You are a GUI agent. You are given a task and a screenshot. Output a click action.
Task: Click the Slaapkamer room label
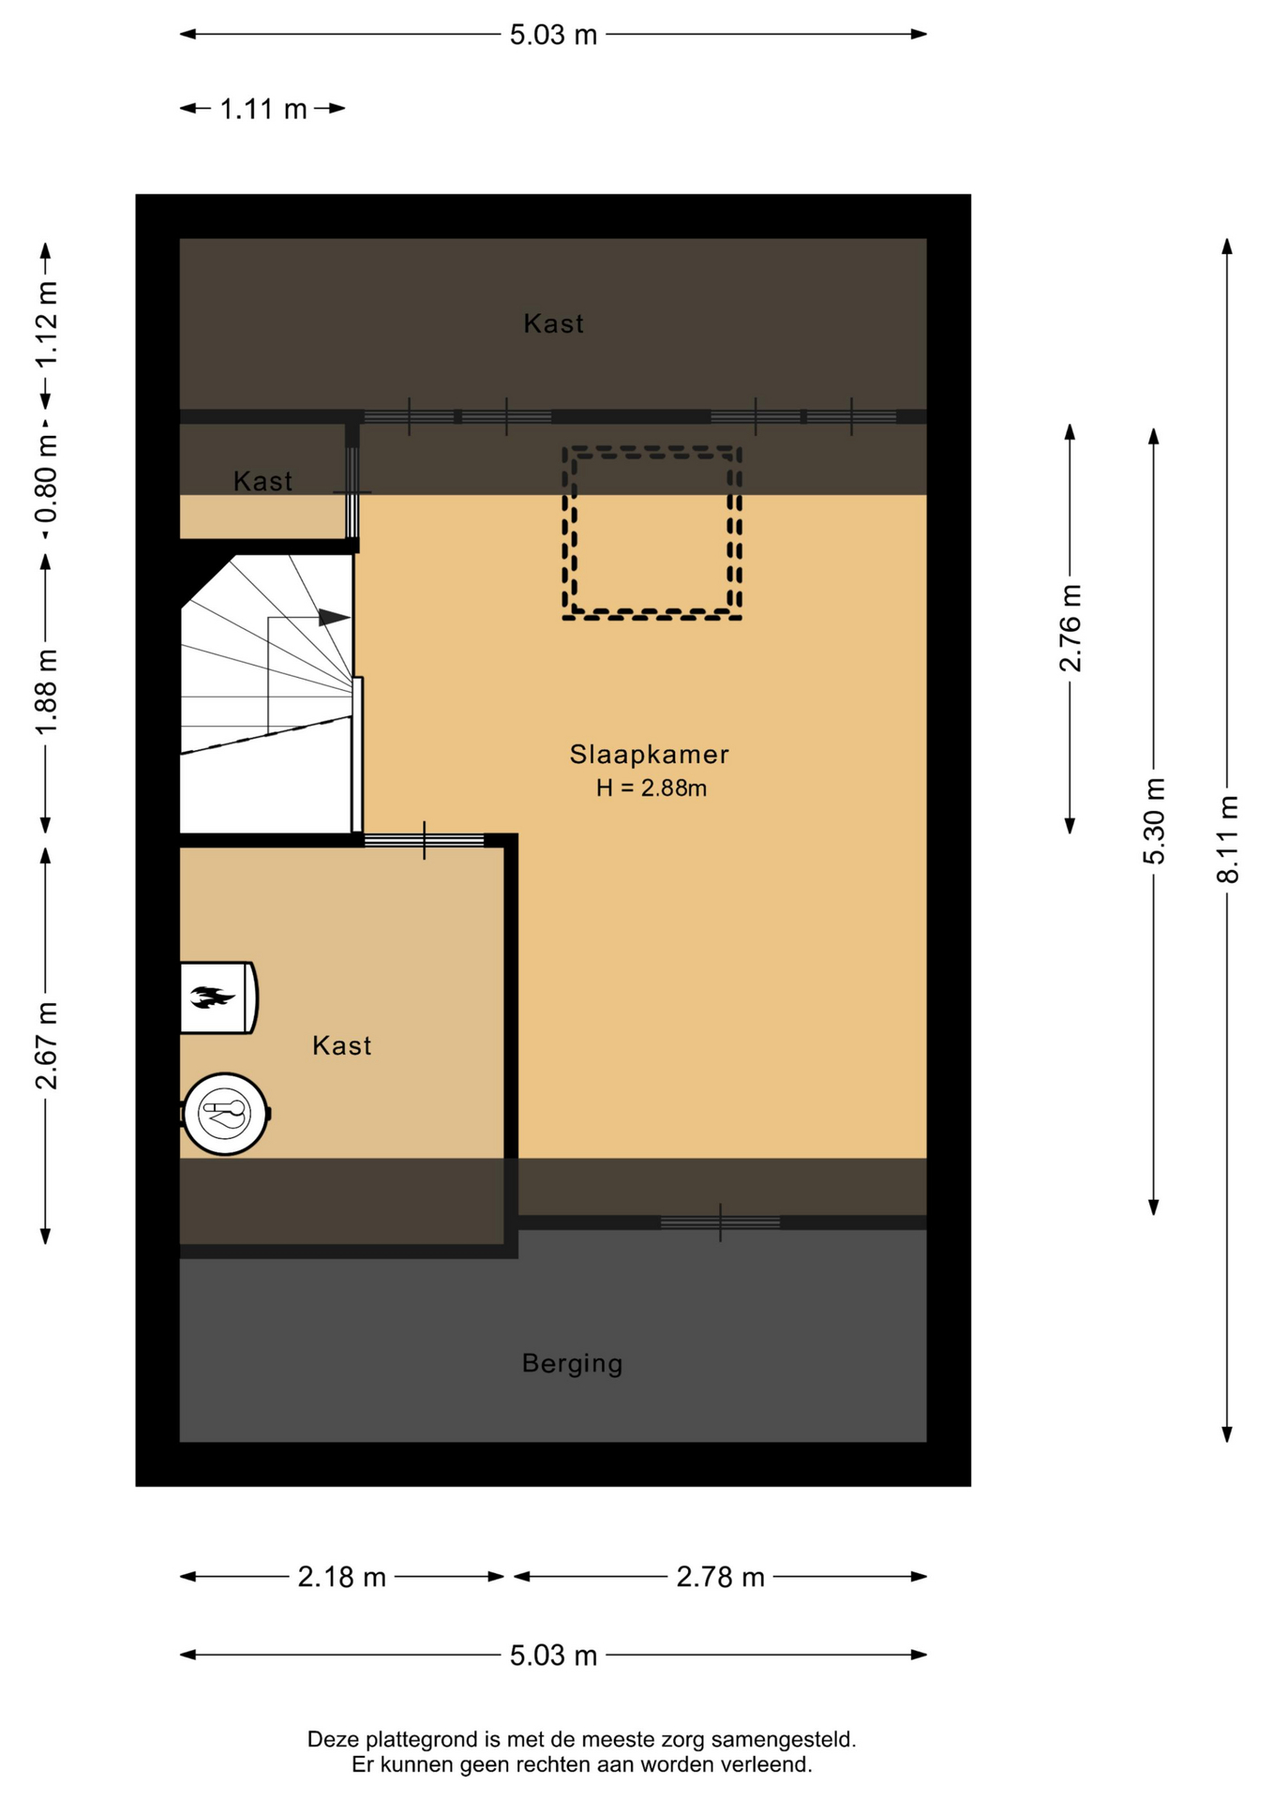(649, 754)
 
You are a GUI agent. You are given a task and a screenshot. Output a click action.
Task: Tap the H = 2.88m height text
(651, 788)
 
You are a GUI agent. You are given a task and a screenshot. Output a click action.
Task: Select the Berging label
(572, 1363)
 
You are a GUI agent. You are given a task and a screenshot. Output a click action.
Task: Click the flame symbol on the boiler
(212, 997)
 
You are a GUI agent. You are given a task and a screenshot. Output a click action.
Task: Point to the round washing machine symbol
(225, 1114)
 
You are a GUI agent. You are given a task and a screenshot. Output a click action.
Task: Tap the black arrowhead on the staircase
(335, 618)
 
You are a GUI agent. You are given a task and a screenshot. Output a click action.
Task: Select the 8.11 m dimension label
(1227, 839)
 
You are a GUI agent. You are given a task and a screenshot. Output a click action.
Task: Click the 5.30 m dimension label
(1154, 821)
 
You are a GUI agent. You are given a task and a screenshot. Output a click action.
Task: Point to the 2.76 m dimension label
(1070, 628)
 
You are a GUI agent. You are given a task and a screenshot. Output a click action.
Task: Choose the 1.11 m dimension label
(263, 110)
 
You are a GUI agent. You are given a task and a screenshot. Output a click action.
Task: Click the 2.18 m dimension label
(342, 1578)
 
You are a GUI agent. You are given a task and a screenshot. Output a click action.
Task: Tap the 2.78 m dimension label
(721, 1578)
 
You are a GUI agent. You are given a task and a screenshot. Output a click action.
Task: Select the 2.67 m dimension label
(46, 1045)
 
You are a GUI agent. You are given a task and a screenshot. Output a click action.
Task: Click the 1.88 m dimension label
(46, 692)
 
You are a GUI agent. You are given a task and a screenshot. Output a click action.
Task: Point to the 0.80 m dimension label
(46, 480)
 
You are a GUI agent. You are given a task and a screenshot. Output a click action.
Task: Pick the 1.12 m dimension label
(46, 324)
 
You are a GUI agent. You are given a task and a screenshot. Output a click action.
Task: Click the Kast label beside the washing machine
(341, 1045)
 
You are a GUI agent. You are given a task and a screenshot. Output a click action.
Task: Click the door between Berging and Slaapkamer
(720, 1222)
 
